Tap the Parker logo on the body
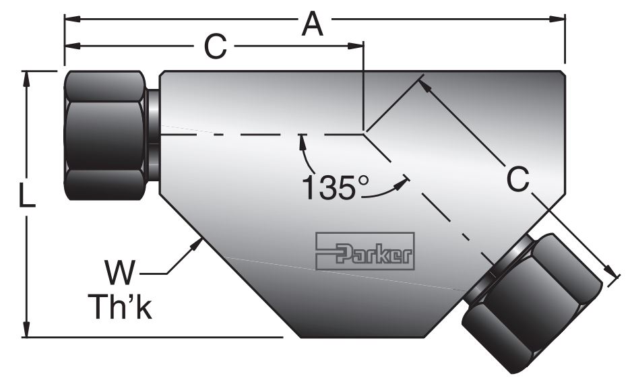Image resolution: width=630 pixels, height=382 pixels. tap(365, 251)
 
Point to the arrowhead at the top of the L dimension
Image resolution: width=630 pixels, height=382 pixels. tap(27, 75)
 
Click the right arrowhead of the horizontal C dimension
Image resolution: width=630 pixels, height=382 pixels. tap(358, 46)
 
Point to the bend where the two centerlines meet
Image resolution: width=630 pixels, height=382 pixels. tap(365, 132)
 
